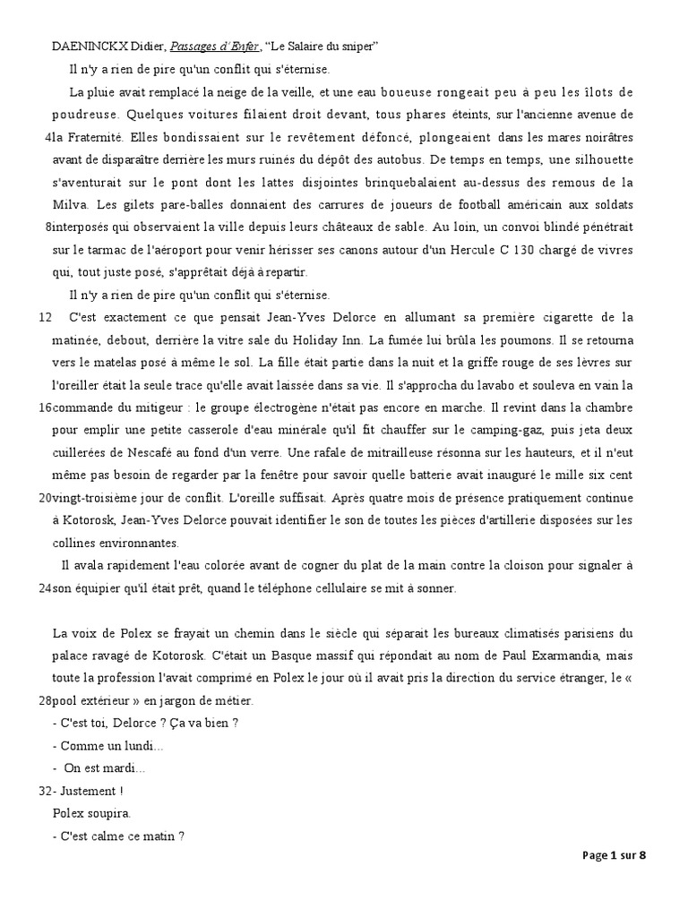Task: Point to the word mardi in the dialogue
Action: pyautogui.click(x=124, y=769)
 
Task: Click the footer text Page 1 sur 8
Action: pyautogui.click(x=614, y=856)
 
